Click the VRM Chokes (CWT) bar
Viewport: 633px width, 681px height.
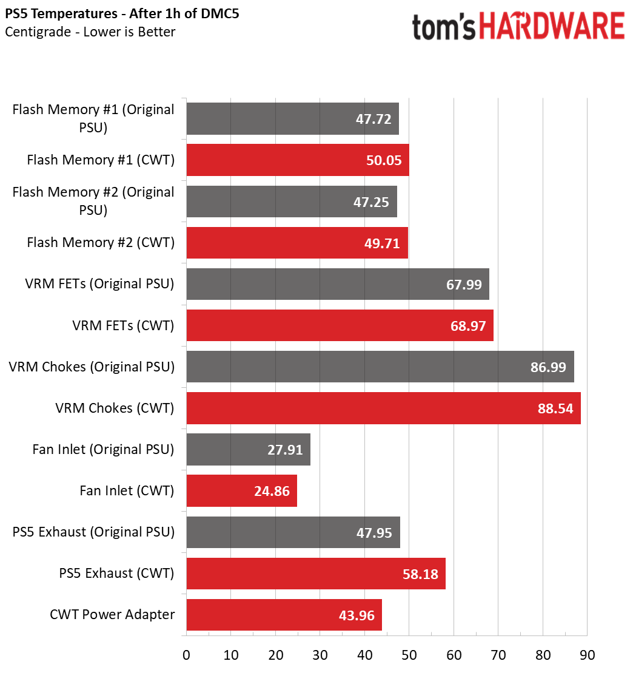pyautogui.click(x=383, y=408)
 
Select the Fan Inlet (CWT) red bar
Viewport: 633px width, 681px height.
pyautogui.click(x=241, y=490)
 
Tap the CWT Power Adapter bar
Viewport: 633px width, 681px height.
pyautogui.click(x=284, y=614)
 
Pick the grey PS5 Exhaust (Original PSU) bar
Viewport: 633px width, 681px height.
pyautogui.click(x=293, y=532)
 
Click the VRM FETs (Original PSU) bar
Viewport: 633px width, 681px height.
pyautogui.click(x=337, y=284)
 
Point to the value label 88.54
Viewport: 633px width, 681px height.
pyautogui.click(x=555, y=408)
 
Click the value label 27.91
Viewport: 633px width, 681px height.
pyautogui.click(x=284, y=450)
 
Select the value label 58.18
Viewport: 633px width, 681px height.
pyautogui.click(x=420, y=574)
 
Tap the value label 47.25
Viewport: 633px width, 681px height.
pyautogui.click(x=371, y=202)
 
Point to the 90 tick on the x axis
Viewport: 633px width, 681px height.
pyautogui.click(x=587, y=656)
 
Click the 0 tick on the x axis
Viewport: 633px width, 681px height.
pyautogui.click(x=186, y=656)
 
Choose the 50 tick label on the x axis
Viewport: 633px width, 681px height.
pyautogui.click(x=409, y=656)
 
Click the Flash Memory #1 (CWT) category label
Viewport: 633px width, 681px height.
pyautogui.click(x=101, y=160)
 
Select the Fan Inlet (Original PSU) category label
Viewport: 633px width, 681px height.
pyautogui.click(x=104, y=450)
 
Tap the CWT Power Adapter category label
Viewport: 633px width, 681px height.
pyautogui.click(x=112, y=614)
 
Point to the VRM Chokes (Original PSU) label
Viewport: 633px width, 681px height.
pyautogui.click(x=92, y=367)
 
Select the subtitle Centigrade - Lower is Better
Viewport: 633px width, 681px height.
pyautogui.click(x=90, y=32)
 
